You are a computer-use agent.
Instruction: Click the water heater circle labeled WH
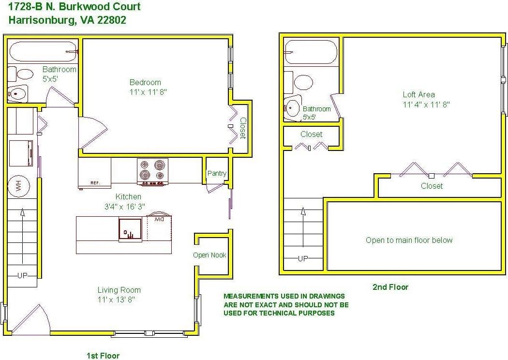[18, 186]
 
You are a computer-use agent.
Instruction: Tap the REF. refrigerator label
[95, 183]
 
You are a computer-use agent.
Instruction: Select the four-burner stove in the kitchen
[152, 172]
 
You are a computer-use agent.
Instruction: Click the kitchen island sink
[130, 230]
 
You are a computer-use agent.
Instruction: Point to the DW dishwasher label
[159, 220]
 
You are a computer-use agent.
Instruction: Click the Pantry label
[217, 173]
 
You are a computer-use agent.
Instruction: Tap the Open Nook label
[209, 255]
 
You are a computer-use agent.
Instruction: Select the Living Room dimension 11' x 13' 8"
[116, 300]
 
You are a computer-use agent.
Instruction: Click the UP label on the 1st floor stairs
[22, 276]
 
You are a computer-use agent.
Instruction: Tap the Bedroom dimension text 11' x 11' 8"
[148, 92]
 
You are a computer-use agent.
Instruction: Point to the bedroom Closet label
[243, 128]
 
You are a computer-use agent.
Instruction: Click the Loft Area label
[418, 95]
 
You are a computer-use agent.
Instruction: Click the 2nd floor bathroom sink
[292, 108]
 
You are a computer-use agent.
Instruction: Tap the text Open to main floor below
[409, 240]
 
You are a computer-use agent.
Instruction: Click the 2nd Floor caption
[390, 287]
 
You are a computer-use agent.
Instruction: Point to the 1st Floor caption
[103, 356]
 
